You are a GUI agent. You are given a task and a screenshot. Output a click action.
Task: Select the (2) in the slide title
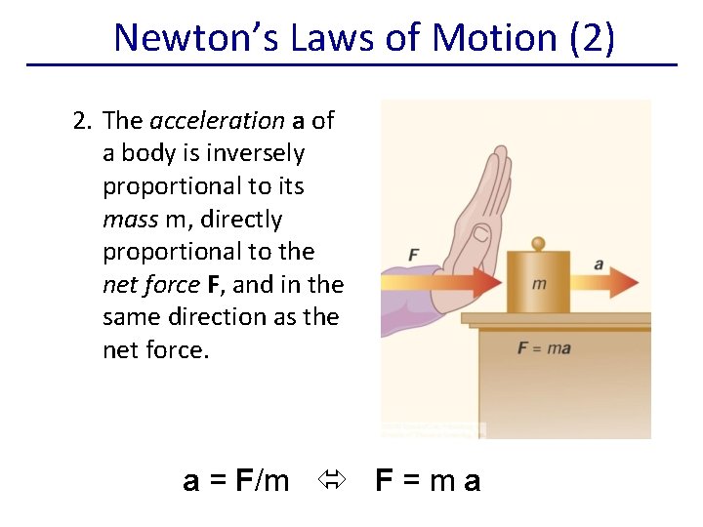(591, 37)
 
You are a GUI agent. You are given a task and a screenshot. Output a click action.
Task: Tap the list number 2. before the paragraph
(83, 121)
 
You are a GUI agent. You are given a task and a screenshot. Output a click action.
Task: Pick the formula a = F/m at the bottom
(236, 480)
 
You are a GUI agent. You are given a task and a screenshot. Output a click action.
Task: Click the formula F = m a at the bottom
(429, 480)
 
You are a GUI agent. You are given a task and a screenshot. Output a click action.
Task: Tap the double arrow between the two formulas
(332, 480)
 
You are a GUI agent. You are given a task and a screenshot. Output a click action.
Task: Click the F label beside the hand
(414, 255)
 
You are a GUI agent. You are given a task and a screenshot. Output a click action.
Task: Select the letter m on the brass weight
(539, 284)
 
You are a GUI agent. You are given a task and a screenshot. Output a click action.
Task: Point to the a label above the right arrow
(599, 263)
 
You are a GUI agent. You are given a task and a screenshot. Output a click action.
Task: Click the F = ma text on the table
(545, 348)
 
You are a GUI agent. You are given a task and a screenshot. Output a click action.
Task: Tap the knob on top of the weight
(538, 243)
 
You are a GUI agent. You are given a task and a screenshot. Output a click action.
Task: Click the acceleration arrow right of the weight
(611, 284)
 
